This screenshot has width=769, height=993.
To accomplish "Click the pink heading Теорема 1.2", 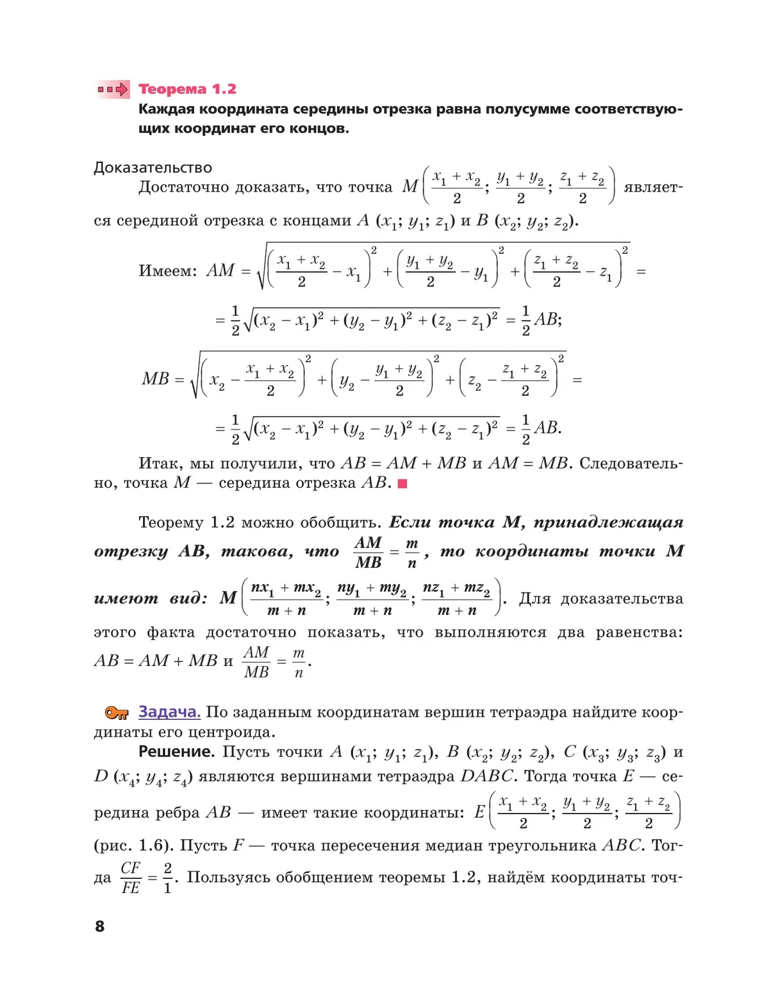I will (x=187, y=89).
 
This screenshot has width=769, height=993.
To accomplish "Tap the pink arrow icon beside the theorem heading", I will (x=113, y=89).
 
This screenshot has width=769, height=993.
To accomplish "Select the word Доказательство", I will (x=153, y=167).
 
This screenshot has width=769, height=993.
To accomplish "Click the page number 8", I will (x=99, y=926).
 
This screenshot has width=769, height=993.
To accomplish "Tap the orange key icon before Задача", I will (x=117, y=713).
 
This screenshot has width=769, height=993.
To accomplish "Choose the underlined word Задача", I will (x=169, y=712).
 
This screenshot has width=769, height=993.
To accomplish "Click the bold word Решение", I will (x=176, y=751).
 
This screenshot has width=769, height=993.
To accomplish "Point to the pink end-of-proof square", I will (x=402, y=484).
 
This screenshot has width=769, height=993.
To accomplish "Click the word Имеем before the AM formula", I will (x=167, y=271).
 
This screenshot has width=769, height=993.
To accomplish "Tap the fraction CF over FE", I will (x=131, y=878).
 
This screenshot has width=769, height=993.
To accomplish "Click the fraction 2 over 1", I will (x=168, y=878).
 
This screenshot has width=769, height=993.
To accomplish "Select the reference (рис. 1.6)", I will (x=132, y=846).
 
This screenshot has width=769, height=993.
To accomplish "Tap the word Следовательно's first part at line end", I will (x=631, y=463).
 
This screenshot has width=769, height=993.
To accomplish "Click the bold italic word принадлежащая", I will (x=608, y=522).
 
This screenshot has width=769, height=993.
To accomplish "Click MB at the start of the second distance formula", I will (x=156, y=379).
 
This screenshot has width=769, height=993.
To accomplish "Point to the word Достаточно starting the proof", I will (x=184, y=187).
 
